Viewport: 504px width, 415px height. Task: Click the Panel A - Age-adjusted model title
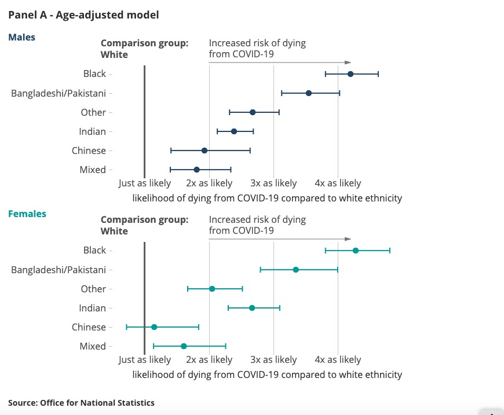(x=83, y=15)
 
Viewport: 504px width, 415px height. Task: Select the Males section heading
(x=21, y=38)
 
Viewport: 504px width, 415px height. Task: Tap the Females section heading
(x=27, y=214)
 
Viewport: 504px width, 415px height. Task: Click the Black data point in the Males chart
(x=350, y=74)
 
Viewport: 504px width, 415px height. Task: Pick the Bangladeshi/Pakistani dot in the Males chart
(x=309, y=93)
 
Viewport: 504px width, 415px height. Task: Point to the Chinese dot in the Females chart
(x=154, y=327)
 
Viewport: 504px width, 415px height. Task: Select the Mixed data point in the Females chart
(x=184, y=346)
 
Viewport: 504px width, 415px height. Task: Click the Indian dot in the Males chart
(x=234, y=131)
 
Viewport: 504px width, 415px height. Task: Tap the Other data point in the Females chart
(x=212, y=289)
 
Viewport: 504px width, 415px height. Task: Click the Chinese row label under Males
(x=89, y=151)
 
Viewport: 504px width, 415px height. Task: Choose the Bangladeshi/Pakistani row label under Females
(x=59, y=270)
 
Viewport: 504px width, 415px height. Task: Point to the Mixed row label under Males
(x=93, y=170)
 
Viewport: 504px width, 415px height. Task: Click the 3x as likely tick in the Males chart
(x=273, y=183)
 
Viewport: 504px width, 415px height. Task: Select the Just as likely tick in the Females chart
(x=145, y=360)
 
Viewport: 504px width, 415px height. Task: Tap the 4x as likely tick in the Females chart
(x=338, y=360)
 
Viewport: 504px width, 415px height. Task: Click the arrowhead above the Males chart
(x=348, y=63)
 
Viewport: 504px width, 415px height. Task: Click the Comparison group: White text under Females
(x=144, y=225)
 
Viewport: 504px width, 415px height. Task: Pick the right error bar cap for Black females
(x=390, y=251)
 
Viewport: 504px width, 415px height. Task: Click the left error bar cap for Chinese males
(x=171, y=150)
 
